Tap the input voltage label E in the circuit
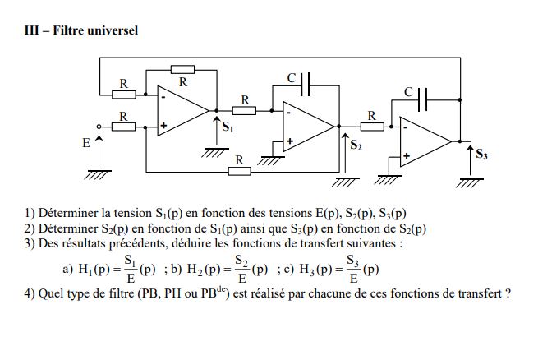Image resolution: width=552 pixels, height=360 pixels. tap(85, 143)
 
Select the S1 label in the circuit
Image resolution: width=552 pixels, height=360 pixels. tap(228, 128)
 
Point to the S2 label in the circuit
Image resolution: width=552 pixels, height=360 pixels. tap(356, 145)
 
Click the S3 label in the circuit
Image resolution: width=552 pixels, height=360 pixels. tap(482, 154)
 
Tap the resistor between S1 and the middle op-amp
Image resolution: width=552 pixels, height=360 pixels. tap(244, 110)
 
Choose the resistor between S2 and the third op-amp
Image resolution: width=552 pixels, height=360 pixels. tap(371, 127)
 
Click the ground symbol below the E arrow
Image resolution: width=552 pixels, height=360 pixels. tap(98, 173)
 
